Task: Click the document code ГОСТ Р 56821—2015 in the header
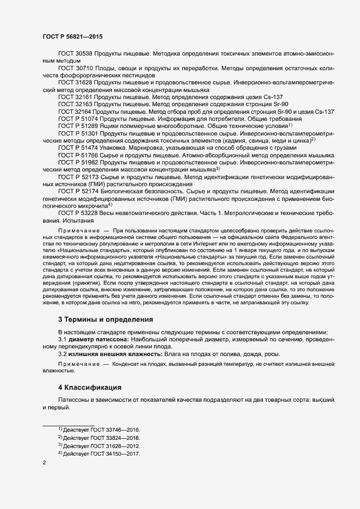point(72,36)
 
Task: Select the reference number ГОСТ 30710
point(76,69)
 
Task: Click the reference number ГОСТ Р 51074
point(78,118)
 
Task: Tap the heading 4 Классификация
point(89,388)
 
